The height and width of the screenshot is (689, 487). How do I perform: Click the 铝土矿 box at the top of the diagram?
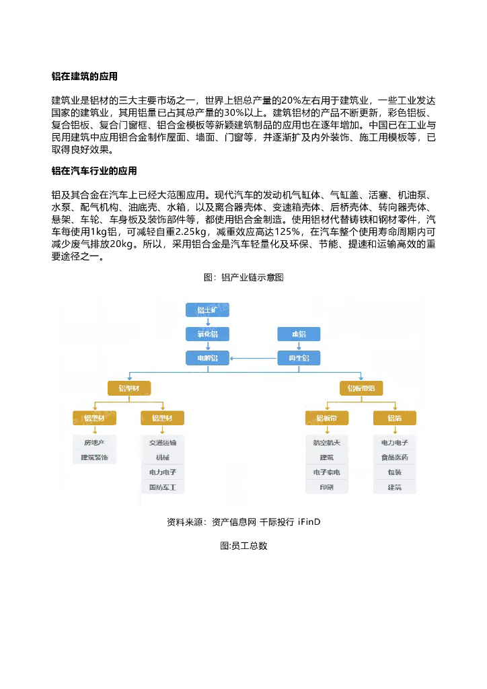click(x=207, y=310)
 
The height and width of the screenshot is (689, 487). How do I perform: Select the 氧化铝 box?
click(x=207, y=334)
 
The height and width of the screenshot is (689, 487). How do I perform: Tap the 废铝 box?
click(x=299, y=334)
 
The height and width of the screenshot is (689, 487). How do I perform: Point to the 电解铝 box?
click(x=207, y=358)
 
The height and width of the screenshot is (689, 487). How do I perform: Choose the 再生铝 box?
click(x=299, y=358)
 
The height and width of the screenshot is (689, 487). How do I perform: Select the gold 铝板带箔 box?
click(x=361, y=388)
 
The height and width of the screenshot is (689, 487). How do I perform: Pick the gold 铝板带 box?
click(x=326, y=418)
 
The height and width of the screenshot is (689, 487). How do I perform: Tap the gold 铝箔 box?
click(x=394, y=418)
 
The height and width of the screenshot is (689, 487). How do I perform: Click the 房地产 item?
click(x=95, y=443)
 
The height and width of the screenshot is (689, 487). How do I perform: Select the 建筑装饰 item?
click(x=95, y=458)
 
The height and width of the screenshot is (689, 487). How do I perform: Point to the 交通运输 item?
click(x=162, y=443)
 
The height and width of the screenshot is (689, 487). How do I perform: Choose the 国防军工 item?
click(x=162, y=486)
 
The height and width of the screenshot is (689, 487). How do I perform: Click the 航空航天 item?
click(x=326, y=443)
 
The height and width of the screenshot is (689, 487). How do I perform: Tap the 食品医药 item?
click(x=394, y=458)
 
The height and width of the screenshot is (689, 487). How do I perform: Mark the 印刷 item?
click(x=326, y=486)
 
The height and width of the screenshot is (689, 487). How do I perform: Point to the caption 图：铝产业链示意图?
click(x=243, y=277)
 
